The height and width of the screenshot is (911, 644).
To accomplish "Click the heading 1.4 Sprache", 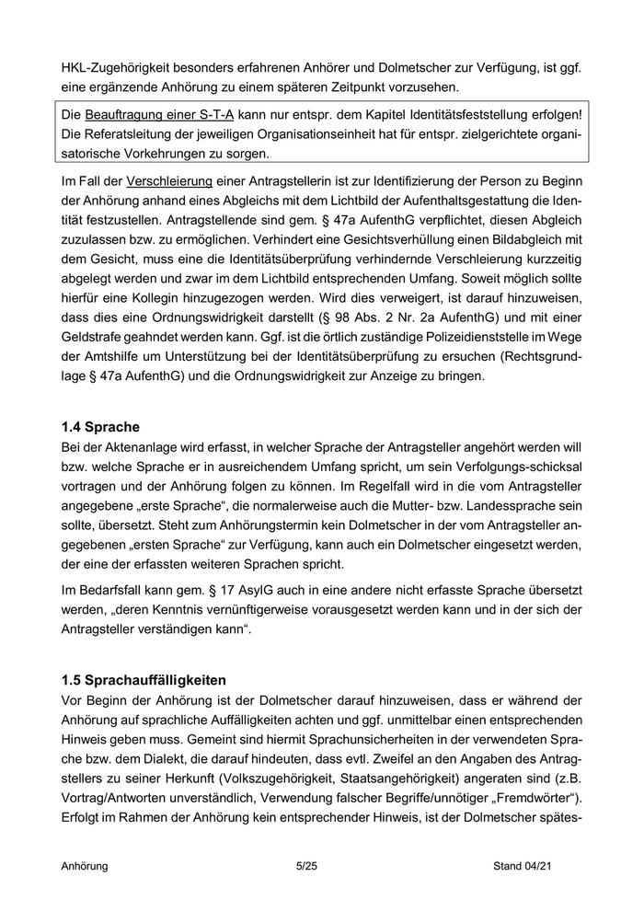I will (100, 427).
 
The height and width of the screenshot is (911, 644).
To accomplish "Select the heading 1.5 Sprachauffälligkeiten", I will (144, 681).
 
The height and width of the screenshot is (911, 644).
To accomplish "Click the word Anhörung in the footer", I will (85, 866).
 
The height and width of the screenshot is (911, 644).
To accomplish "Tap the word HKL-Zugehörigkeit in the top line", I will (119, 68).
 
